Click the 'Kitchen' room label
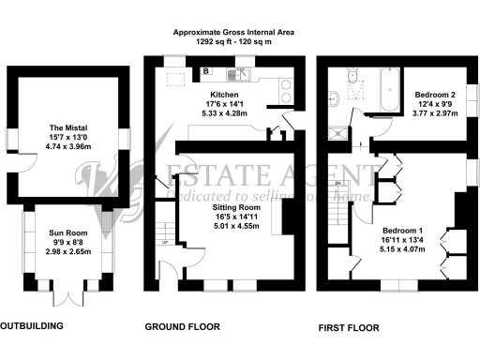[x=224, y=95]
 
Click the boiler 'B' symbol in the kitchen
[x=204, y=69]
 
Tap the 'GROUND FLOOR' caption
[x=182, y=328]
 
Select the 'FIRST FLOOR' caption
[x=349, y=328]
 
